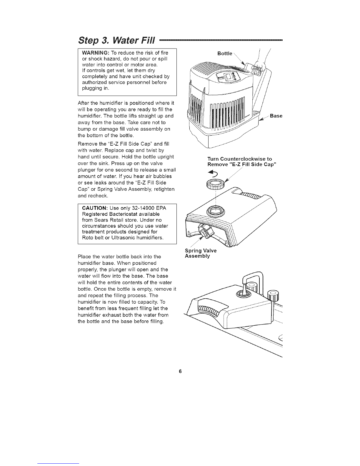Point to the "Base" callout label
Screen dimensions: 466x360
coord(276,116)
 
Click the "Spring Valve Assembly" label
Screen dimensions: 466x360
coord(201,253)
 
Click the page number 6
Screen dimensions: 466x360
coord(180,371)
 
